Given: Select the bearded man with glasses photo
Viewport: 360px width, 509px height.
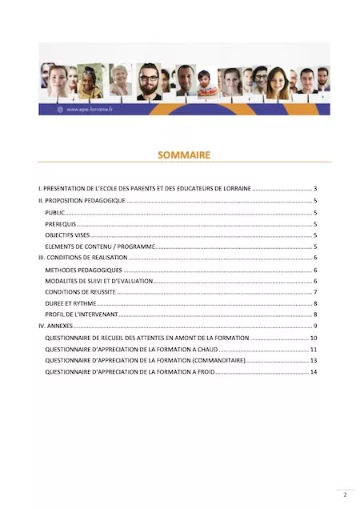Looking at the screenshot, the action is click(x=148, y=82).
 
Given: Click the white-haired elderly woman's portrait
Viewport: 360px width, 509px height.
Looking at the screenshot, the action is click(x=121, y=79).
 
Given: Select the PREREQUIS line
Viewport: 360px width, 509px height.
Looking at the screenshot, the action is click(x=61, y=224).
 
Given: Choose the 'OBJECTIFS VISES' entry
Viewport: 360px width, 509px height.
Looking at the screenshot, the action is click(x=69, y=235).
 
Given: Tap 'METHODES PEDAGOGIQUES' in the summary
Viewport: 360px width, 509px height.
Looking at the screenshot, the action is click(x=84, y=270).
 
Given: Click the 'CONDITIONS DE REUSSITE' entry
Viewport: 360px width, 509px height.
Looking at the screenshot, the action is click(x=81, y=292).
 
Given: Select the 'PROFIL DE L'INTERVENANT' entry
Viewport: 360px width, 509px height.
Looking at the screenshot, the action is click(x=81, y=315).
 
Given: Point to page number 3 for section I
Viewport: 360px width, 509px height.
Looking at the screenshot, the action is click(x=316, y=189).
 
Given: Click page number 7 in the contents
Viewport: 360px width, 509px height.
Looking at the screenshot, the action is click(x=316, y=292).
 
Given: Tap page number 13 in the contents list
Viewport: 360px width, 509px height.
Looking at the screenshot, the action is click(x=314, y=361).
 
